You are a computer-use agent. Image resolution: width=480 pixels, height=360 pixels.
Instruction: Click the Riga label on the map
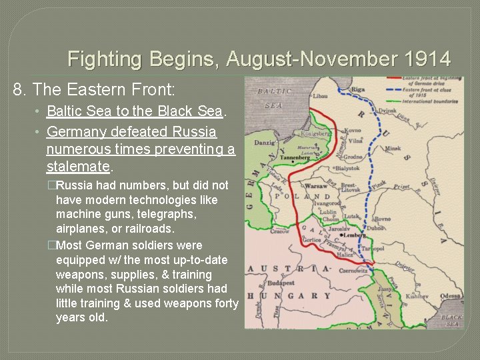(x=358, y=89)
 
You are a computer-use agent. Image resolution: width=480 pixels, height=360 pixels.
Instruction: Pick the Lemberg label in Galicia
(x=354, y=235)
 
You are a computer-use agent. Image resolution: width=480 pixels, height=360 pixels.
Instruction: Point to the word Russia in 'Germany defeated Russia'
(x=191, y=131)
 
